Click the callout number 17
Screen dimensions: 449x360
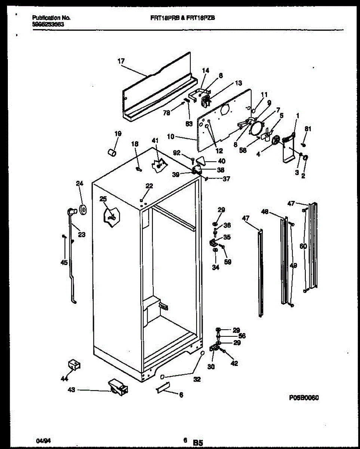pos(121,61)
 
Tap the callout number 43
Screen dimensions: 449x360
pos(71,390)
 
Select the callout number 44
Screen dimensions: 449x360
pos(65,379)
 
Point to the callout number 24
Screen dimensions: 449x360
pos(80,183)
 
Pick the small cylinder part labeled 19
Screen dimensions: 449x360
pos(111,152)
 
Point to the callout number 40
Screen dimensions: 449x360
pos(221,161)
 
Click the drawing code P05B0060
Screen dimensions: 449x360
pos(304,398)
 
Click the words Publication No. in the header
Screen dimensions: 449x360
pos(52,18)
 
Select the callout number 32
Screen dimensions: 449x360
pos(197,379)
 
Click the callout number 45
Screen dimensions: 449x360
pos(64,263)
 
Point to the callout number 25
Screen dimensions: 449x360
pos(103,199)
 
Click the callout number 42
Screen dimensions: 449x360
pos(234,363)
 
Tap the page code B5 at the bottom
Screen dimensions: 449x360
pos(198,442)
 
